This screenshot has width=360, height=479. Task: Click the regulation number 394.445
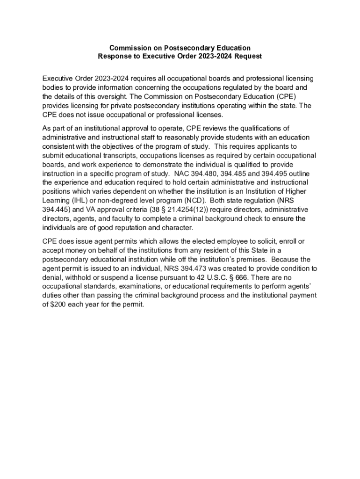point(55,210)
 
